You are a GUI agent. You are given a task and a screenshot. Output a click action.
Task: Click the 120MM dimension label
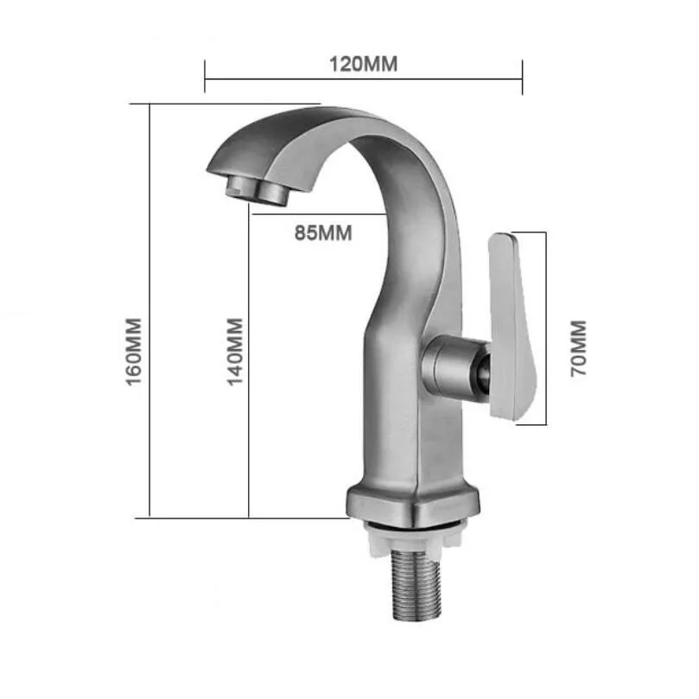(363, 64)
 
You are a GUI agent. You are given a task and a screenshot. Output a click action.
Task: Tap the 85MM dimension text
(323, 233)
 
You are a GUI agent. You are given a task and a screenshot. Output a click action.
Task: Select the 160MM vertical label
(133, 352)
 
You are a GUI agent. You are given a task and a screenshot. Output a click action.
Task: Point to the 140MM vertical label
(235, 352)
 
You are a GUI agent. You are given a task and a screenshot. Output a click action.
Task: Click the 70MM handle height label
(578, 348)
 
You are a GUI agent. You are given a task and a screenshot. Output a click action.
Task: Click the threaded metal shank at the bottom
(416, 585)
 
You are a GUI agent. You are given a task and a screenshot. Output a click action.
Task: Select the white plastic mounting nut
(413, 537)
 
